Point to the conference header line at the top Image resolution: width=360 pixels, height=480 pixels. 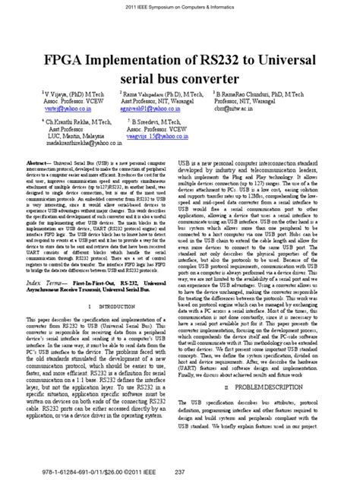tap(179, 6)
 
